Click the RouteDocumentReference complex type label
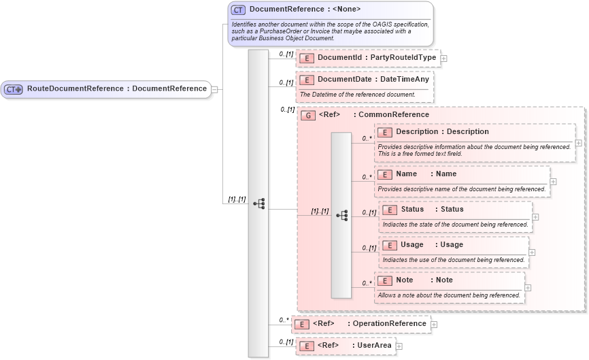[116, 88]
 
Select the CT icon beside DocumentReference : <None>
[238, 10]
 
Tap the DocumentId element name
[339, 58]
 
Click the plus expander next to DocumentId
[444, 59]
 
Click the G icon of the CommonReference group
[308, 115]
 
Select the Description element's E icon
[385, 132]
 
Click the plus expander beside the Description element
[578, 143]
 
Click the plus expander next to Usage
[532, 252]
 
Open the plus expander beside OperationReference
[435, 325]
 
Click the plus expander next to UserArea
[399, 346]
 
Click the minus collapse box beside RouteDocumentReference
[214, 88]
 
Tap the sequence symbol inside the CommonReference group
[341, 215]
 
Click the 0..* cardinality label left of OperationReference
[284, 319]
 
